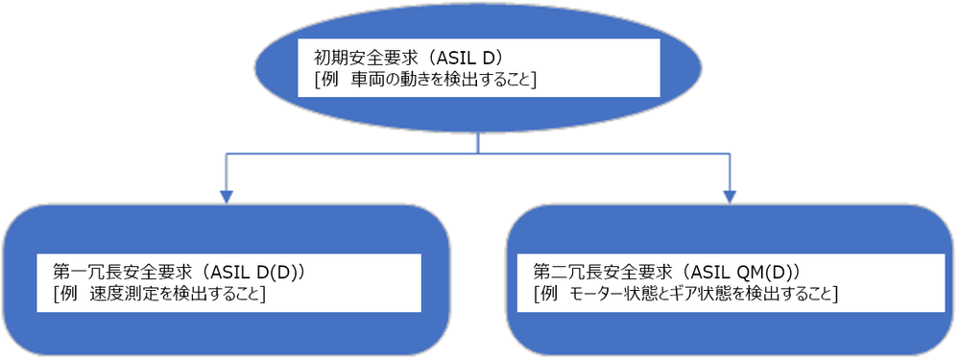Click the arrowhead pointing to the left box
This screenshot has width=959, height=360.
point(227,196)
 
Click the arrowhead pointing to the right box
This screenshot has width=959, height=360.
point(730,196)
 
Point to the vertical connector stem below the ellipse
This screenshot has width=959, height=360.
point(478,140)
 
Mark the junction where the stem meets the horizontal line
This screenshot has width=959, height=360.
point(478,152)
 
